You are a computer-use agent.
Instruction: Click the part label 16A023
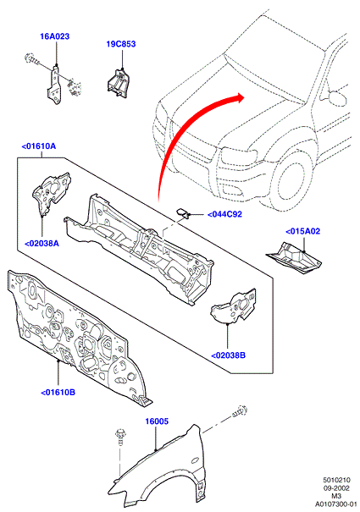(x=54, y=36)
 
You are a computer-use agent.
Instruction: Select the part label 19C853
(x=121, y=44)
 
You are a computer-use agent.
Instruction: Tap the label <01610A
(x=39, y=146)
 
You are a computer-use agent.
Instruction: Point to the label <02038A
(x=42, y=243)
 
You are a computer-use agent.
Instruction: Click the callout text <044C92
(x=225, y=214)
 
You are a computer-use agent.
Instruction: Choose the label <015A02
(x=302, y=231)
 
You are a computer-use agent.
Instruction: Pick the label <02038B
(x=228, y=355)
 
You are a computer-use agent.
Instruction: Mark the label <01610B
(x=58, y=392)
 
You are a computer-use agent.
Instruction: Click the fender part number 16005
(x=157, y=421)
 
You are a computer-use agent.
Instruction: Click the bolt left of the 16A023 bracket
(x=32, y=58)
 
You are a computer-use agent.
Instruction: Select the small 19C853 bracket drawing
(x=118, y=83)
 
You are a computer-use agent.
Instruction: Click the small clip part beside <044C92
(x=183, y=212)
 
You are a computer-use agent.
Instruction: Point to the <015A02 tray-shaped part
(x=293, y=257)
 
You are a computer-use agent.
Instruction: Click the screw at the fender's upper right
(x=240, y=410)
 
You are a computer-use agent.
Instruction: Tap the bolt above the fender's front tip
(x=120, y=436)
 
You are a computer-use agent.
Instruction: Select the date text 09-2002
(x=336, y=488)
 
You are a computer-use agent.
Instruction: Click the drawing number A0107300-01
(x=336, y=504)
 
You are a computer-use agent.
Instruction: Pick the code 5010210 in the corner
(x=337, y=480)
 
